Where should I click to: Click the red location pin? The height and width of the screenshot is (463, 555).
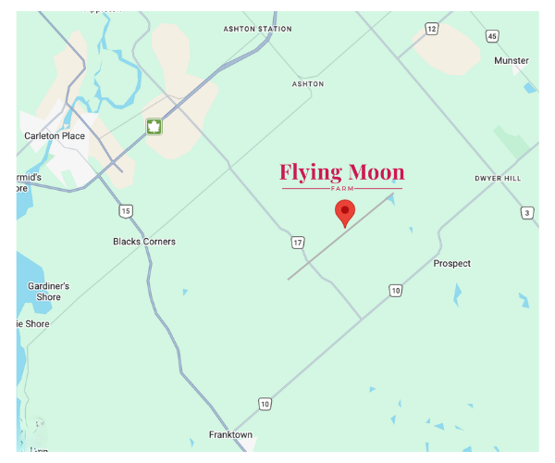tap(344, 211)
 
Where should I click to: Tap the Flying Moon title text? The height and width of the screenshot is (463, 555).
tap(342, 172)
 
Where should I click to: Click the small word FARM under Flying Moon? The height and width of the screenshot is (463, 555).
tap(342, 188)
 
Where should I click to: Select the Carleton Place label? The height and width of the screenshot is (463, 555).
tap(55, 136)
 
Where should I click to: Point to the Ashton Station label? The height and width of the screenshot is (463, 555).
tap(257, 29)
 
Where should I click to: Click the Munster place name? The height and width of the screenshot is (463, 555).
tap(512, 61)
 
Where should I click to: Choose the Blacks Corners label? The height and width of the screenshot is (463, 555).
tap(144, 242)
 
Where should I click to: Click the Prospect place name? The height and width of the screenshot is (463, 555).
tap(452, 264)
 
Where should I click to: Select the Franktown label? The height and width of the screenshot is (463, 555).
tap(230, 435)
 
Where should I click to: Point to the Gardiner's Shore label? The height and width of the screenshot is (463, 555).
tap(49, 292)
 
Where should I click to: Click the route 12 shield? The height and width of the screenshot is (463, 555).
tap(432, 30)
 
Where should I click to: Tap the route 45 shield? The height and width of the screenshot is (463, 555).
tap(492, 36)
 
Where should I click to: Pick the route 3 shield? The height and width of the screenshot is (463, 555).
tap(527, 213)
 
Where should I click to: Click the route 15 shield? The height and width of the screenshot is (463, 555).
tap(125, 211)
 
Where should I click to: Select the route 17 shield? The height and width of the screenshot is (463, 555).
tap(297, 243)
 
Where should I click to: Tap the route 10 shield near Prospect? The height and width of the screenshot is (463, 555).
tap(396, 291)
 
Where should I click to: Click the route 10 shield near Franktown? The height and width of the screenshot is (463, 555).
tap(265, 404)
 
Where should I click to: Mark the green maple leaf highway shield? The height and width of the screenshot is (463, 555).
tap(154, 127)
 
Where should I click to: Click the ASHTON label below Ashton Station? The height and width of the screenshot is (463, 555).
tap(308, 84)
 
